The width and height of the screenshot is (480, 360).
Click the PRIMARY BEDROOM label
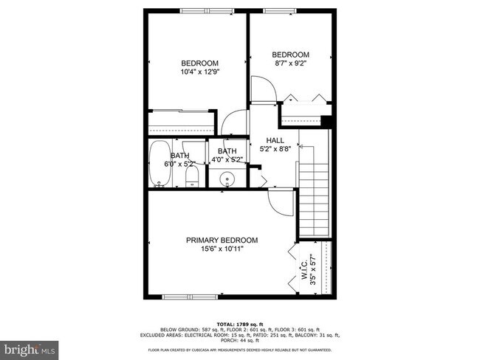222,240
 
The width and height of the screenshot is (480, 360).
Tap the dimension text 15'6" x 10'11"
222,249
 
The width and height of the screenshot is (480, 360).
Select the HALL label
275,139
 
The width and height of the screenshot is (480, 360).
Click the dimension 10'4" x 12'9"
200,72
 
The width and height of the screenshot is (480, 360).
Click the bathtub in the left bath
159,164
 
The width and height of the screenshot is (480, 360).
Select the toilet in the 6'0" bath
191,176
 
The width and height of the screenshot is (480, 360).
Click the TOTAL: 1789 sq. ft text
239,323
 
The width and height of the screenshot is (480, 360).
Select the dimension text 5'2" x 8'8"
275,148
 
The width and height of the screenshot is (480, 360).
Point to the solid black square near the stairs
326,122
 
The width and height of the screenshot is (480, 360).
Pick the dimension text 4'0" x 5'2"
227,159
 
